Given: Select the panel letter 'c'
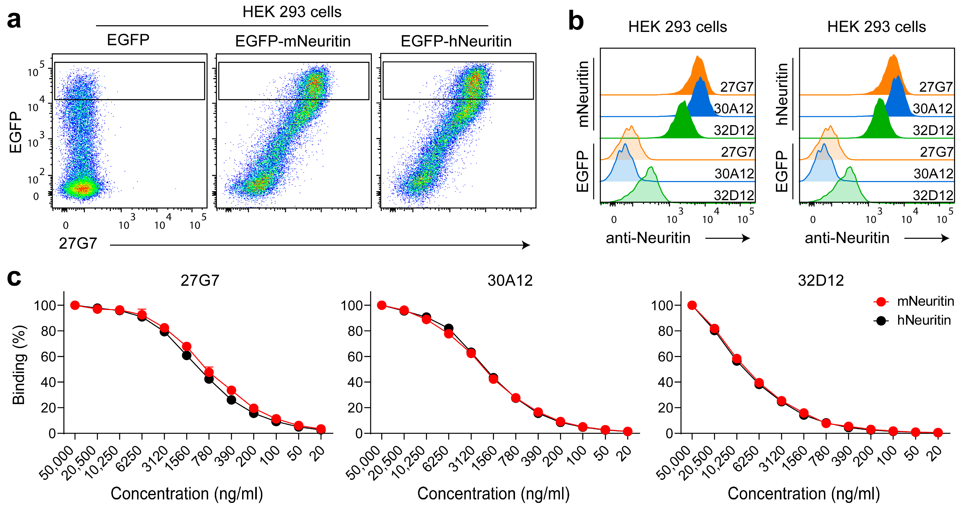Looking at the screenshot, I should pyautogui.click(x=14, y=278).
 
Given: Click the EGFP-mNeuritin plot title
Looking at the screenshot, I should pyautogui.click(x=293, y=41).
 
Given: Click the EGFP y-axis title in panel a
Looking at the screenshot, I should pyautogui.click(x=16, y=132).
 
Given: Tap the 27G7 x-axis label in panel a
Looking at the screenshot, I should pyautogui.click(x=78, y=243).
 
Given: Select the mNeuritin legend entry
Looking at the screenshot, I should pyautogui.click(x=925, y=301).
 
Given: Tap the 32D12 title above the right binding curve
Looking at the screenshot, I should pyautogui.click(x=821, y=280).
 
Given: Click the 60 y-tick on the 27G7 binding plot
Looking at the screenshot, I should pyautogui.click(x=48, y=357).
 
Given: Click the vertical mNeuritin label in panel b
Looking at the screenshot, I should pyautogui.click(x=583, y=94).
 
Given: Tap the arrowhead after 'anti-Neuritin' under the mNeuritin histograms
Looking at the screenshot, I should pyautogui.click(x=746, y=238).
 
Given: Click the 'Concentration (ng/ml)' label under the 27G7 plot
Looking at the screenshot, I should pyautogui.click(x=187, y=493).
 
